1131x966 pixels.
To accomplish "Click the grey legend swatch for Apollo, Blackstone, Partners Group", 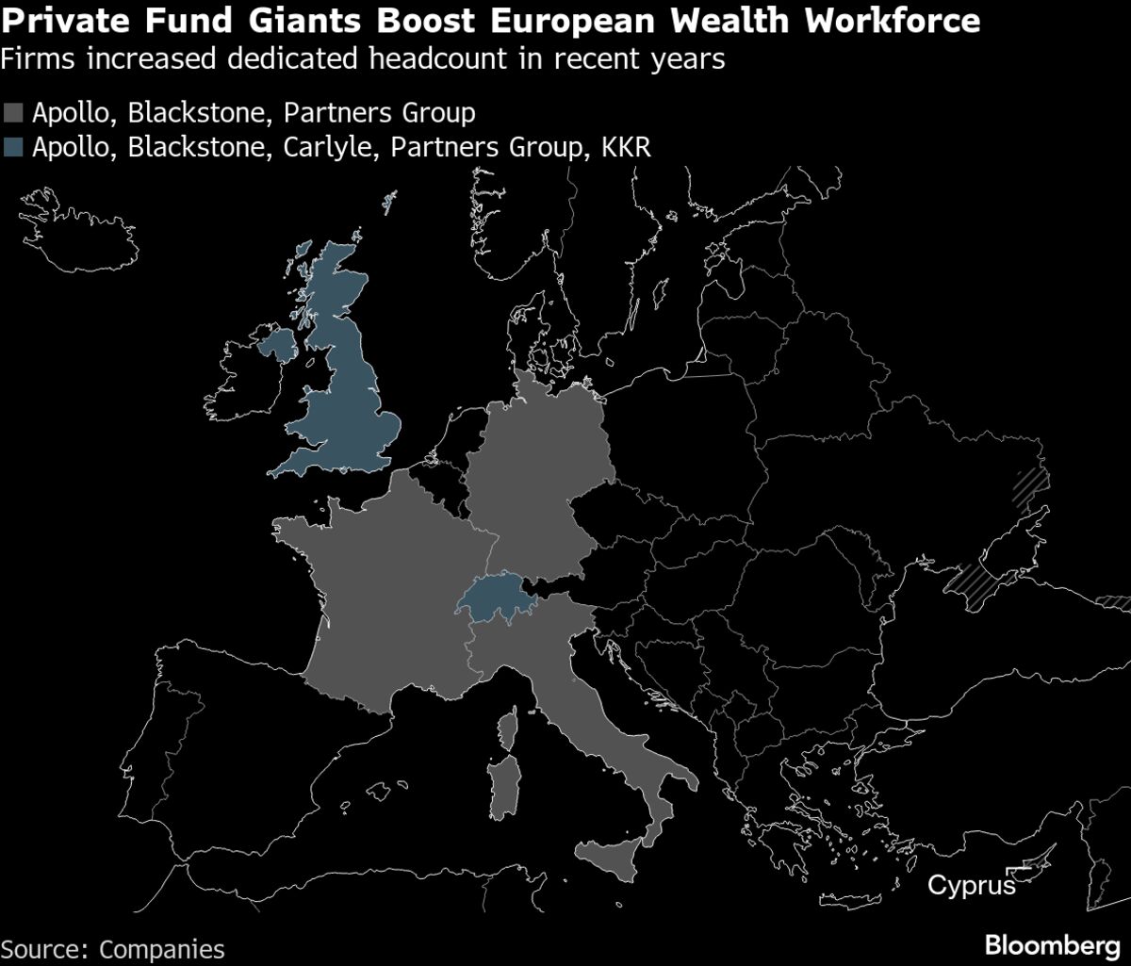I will click(x=15, y=115).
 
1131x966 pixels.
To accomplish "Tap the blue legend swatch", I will click(x=15, y=147).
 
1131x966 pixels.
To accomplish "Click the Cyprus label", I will click(x=972, y=886).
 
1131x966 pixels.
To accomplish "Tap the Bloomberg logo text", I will click(x=1052, y=945).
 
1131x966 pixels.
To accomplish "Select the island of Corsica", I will click(x=510, y=729).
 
